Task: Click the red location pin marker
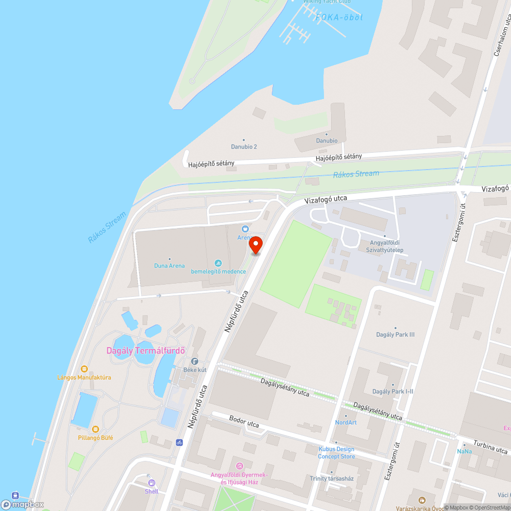pyautogui.click(x=255, y=245)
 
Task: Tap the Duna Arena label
pyautogui.click(x=169, y=265)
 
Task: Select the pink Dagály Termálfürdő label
pyautogui.click(x=145, y=351)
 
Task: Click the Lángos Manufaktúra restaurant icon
pyautogui.click(x=84, y=368)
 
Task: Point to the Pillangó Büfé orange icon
pyautogui.click(x=96, y=429)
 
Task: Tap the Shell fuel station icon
pyautogui.click(x=151, y=482)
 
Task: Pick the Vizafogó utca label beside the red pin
pyautogui.click(x=326, y=200)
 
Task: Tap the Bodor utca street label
pyautogui.click(x=244, y=424)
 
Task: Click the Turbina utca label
pyautogui.click(x=490, y=449)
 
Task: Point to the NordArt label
pyautogui.click(x=346, y=422)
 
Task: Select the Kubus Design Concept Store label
pyautogui.click(x=336, y=453)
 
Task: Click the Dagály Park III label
pyautogui.click(x=395, y=335)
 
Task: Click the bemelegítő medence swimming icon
pyautogui.click(x=219, y=263)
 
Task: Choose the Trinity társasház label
pyautogui.click(x=332, y=478)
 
